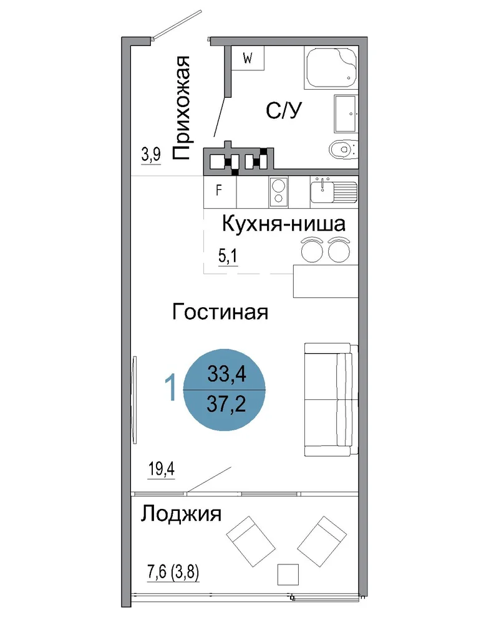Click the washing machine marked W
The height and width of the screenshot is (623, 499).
(x=248, y=58)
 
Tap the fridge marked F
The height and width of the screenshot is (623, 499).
(x=220, y=193)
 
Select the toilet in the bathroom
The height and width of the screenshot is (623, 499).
(x=343, y=150)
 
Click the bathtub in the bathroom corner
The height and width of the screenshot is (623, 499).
(x=331, y=67)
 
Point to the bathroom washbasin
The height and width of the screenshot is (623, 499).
(x=346, y=113)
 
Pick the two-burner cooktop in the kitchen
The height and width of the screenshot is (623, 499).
(x=278, y=193)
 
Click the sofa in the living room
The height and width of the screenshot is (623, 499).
(x=331, y=399)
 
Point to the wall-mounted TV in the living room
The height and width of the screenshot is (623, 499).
(x=135, y=400)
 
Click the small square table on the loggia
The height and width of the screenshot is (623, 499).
(x=288, y=574)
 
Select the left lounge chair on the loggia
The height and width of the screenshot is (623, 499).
(x=251, y=541)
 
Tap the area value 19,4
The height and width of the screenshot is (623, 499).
(x=161, y=470)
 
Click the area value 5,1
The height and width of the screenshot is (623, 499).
(x=228, y=256)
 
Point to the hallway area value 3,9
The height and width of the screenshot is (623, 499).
(x=151, y=155)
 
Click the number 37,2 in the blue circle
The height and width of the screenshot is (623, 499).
(x=226, y=404)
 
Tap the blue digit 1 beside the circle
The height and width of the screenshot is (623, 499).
(x=171, y=388)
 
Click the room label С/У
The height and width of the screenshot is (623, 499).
(x=284, y=110)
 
